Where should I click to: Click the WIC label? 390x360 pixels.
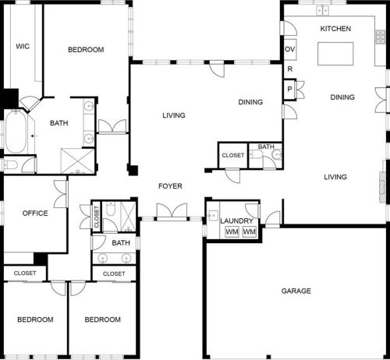point(23,47)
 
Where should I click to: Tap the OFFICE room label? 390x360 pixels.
point(35,214)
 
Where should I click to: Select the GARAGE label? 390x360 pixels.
point(296,291)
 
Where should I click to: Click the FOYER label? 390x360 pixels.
point(170,186)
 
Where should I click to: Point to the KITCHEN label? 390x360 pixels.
point(335,29)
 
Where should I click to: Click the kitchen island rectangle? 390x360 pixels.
point(335,54)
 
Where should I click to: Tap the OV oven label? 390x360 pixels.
point(290,49)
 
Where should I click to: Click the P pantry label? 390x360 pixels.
point(289,89)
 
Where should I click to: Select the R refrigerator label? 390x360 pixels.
point(290,69)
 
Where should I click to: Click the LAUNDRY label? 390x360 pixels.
point(236,221)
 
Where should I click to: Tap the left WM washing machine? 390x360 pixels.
point(232,231)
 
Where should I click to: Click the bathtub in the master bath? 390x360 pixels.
point(16,132)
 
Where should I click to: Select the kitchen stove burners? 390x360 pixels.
point(380,37)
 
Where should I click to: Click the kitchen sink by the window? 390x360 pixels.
point(322,10)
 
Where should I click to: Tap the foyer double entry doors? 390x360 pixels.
point(172,212)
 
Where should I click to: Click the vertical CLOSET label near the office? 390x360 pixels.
point(97,217)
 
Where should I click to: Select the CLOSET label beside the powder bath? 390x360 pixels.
point(233,155)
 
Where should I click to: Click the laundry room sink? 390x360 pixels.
point(213,215)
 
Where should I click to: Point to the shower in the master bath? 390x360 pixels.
point(77,161)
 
